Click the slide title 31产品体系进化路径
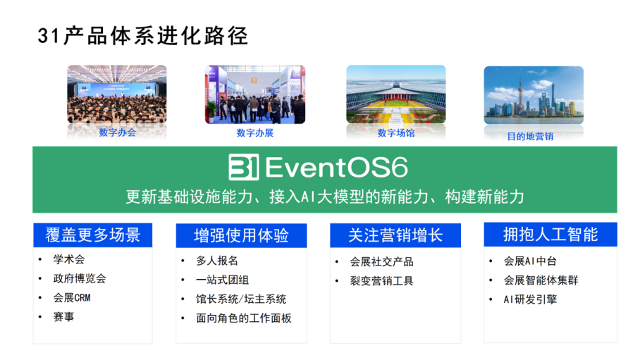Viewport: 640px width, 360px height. pyautogui.click(x=143, y=36)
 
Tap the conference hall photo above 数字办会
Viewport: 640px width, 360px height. pyautogui.click(x=117, y=94)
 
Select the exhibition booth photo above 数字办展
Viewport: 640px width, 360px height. pyautogui.click(x=255, y=94)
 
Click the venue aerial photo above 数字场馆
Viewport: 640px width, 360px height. pyautogui.click(x=396, y=94)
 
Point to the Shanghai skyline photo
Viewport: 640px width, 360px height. pyautogui.click(x=534, y=95)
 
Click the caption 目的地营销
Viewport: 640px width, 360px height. pyautogui.click(x=530, y=137)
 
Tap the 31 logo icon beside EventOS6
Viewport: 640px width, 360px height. pyautogui.click(x=244, y=167)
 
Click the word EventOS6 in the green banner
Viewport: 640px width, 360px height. pyautogui.click(x=337, y=168)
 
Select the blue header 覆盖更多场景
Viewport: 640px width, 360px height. pyautogui.click(x=92, y=235)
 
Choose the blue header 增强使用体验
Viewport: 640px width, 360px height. pyautogui.click(x=241, y=235)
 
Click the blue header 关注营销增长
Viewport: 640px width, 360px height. pyautogui.click(x=395, y=235)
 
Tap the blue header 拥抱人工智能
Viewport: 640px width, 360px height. pyautogui.click(x=550, y=235)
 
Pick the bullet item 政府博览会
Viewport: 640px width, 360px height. pyautogui.click(x=80, y=278)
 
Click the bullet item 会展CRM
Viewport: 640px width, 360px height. pyautogui.click(x=72, y=297)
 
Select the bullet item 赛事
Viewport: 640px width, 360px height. pyautogui.click(x=63, y=317)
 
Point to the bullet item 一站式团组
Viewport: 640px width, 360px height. pyautogui.click(x=223, y=280)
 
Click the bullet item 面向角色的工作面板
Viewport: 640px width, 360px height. pyautogui.click(x=244, y=318)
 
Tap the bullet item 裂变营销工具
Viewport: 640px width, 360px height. pyautogui.click(x=381, y=281)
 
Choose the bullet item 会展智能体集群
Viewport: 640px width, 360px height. pyautogui.click(x=541, y=280)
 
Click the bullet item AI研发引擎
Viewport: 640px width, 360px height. pyautogui.click(x=530, y=299)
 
